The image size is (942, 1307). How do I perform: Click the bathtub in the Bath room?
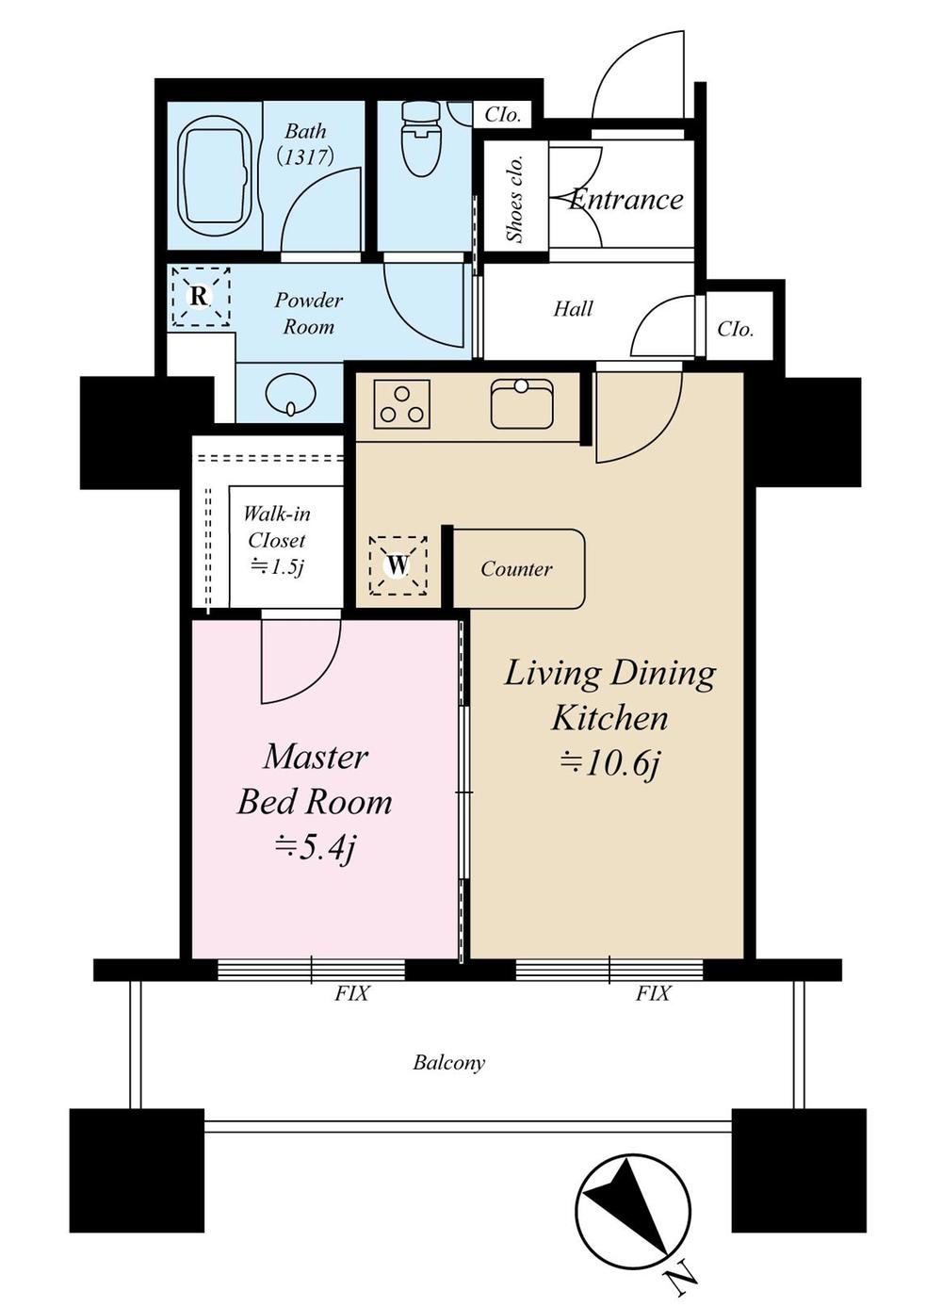click(x=216, y=175)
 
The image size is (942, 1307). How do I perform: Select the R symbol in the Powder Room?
click(x=200, y=297)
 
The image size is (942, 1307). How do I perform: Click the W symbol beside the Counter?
click(x=398, y=565)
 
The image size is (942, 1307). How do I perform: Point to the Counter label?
click(x=516, y=569)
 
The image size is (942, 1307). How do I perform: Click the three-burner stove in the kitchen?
click(x=402, y=404)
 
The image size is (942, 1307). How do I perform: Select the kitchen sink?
click(x=521, y=403)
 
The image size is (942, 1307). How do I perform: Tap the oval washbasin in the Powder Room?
click(x=290, y=394)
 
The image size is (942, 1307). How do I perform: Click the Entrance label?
click(x=626, y=200)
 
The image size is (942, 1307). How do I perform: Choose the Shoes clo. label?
click(x=515, y=198)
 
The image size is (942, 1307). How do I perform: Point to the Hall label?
click(x=573, y=309)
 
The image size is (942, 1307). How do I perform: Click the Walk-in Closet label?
click(x=276, y=540)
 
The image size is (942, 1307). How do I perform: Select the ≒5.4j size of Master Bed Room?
click(x=315, y=849)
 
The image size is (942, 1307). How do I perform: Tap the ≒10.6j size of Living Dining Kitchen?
click(x=609, y=763)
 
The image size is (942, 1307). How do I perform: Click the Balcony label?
click(x=449, y=1063)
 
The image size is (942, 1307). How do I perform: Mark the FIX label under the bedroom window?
click(x=352, y=993)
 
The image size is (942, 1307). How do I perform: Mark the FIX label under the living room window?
click(x=653, y=993)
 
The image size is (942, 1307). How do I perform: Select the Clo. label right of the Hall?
click(x=736, y=329)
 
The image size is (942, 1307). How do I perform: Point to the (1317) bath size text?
click(x=306, y=156)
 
